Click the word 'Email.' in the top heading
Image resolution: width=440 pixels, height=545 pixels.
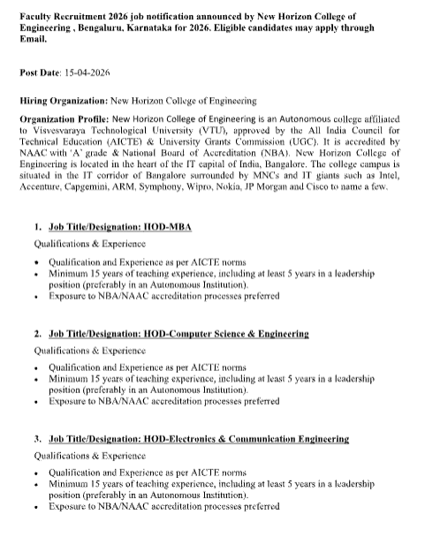34,39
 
